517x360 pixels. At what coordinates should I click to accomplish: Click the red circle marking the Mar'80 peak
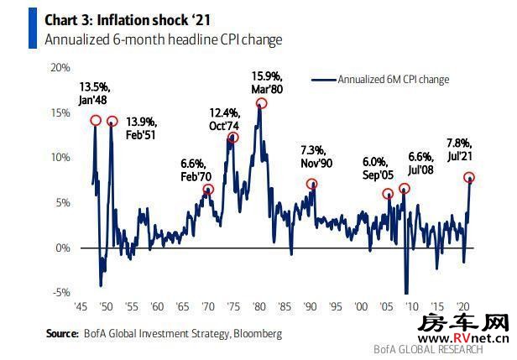[261, 103]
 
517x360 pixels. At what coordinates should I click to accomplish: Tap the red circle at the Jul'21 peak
[469, 177]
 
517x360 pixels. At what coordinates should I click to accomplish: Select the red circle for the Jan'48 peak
[96, 121]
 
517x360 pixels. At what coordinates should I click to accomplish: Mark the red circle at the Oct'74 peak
[233, 137]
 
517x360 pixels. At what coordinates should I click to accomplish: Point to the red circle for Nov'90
[312, 184]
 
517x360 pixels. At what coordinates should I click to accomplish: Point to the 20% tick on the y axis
[60, 67]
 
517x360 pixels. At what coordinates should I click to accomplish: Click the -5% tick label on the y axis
[60, 293]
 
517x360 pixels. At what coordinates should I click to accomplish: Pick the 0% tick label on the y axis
[64, 248]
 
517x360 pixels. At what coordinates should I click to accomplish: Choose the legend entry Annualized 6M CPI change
[393, 80]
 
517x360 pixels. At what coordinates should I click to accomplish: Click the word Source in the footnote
[64, 334]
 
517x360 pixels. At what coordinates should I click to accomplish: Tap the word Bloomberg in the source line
[257, 334]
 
